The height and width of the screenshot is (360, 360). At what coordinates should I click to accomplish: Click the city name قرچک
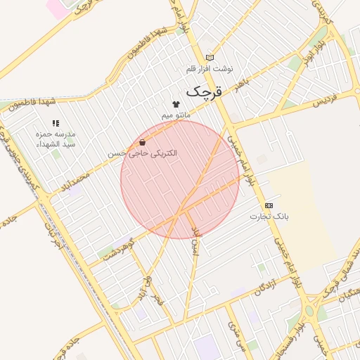pyautogui.click(x=204, y=91)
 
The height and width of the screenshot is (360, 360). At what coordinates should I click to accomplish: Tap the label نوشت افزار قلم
pyautogui.click(x=209, y=69)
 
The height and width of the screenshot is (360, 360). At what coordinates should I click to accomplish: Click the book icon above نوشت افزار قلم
pyautogui.click(x=209, y=58)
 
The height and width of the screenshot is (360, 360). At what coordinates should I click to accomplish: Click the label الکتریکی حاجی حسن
pyautogui.click(x=142, y=153)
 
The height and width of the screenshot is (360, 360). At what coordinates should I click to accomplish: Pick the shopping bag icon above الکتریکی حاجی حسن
pyautogui.click(x=143, y=142)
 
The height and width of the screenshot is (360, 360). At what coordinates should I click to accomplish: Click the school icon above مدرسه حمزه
pyautogui.click(x=56, y=124)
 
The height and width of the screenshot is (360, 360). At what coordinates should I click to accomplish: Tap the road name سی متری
pyautogui.click(x=233, y=330)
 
